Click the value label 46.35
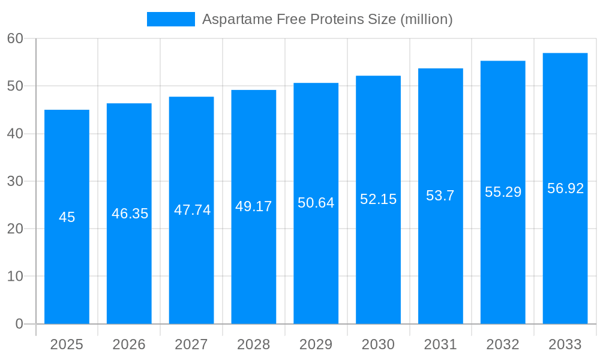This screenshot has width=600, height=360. (130, 214)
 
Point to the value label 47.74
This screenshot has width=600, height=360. (192, 210)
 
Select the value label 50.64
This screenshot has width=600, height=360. (316, 203)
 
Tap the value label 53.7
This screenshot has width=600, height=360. (440, 196)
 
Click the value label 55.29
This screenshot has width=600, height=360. (503, 192)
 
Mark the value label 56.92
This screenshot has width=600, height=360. (565, 188)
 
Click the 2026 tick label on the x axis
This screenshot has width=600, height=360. (129, 344)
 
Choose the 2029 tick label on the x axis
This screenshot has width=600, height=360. (316, 344)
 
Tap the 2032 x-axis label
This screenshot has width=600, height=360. (503, 344)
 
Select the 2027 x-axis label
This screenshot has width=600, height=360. (191, 344)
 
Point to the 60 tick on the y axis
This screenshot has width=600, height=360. (15, 38)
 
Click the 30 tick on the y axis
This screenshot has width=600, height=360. (15, 181)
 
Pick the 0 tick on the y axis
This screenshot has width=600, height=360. (19, 324)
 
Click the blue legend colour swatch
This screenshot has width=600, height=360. (171, 19)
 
